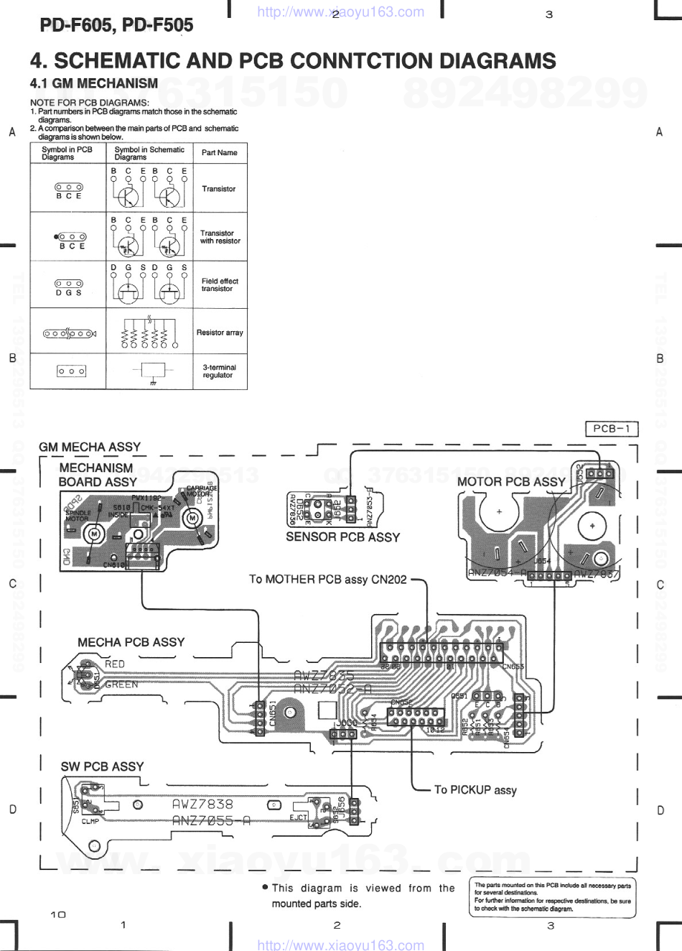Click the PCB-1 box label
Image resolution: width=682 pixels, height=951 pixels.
[612, 429]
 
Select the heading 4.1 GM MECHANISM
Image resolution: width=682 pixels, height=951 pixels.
[94, 83]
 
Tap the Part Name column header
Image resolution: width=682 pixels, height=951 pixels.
[219, 153]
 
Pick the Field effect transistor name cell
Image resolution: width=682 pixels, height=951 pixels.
[220, 284]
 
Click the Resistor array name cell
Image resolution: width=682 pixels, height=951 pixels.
[220, 333]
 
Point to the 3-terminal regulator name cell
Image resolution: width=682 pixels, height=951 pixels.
[219, 371]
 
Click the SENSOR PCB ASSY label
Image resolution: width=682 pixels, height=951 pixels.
[342, 537]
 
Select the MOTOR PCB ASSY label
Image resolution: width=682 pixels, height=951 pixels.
[511, 482]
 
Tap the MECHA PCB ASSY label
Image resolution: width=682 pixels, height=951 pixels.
[131, 642]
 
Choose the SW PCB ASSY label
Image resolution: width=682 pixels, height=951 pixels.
[102, 766]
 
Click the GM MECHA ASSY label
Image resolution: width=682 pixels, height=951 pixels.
[90, 447]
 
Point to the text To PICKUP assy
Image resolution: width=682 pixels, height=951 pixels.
[475, 789]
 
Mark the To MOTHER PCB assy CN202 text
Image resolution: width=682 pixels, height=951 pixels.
[327, 579]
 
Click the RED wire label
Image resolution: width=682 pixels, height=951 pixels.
[115, 664]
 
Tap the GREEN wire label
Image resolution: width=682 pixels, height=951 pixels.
[121, 685]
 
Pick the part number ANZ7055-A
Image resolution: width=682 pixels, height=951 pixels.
[211, 820]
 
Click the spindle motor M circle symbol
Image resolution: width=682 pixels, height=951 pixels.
[93, 534]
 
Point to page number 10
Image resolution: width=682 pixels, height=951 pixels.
[58, 914]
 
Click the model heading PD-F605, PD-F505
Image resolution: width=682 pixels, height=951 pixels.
[116, 25]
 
